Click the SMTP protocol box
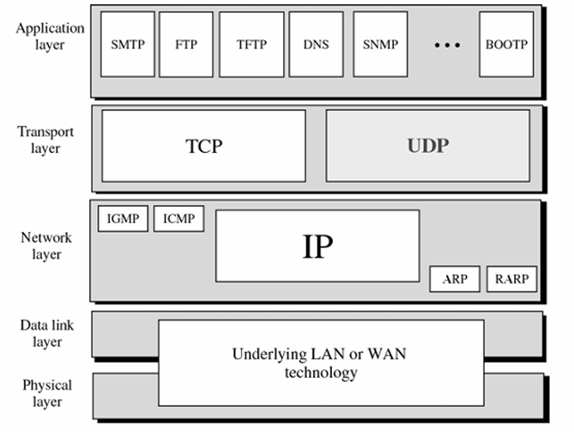[128, 45]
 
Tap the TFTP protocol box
[251, 45]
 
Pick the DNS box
[316, 45]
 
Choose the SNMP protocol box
[380, 45]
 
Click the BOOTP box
[506, 45]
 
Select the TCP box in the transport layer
[203, 145]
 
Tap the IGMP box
[124, 219]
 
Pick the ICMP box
[179, 219]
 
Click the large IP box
[317, 246]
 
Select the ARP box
[455, 279]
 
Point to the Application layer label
[50, 36]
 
